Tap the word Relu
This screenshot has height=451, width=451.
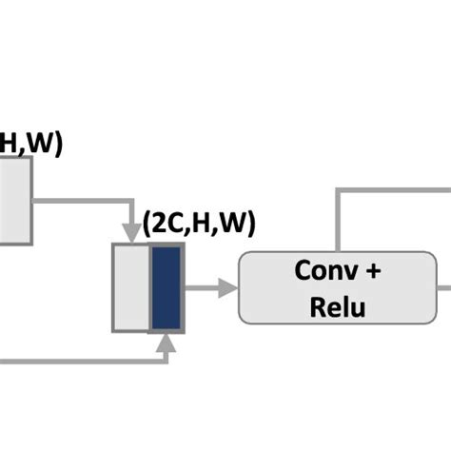(337, 306)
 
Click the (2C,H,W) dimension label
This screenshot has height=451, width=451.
(200, 225)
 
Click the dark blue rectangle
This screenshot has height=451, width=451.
(167, 287)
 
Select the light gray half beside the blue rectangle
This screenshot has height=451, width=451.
(131, 287)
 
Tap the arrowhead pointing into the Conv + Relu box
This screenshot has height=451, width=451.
(227, 287)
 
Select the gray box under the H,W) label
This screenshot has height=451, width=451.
(14, 201)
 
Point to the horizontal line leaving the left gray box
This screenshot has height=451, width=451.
(81, 201)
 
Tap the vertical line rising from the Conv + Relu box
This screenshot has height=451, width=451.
(337, 219)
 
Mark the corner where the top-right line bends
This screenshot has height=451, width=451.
(337, 189)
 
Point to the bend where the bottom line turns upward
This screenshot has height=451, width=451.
(167, 363)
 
